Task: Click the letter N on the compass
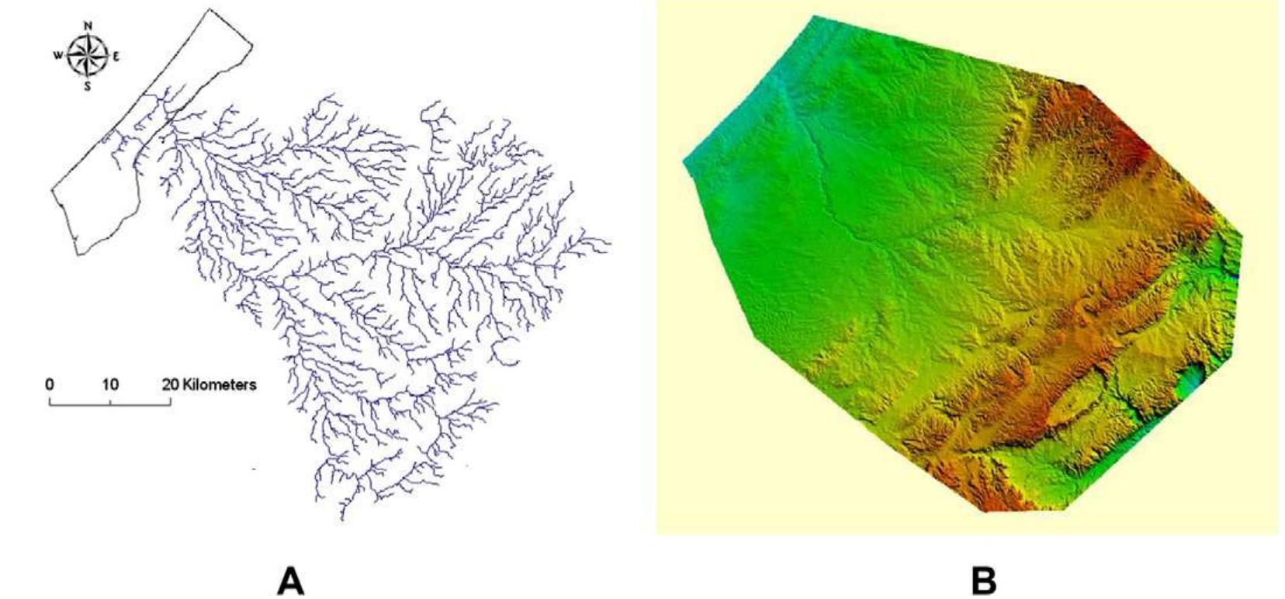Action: (88, 26)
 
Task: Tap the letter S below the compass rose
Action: (87, 86)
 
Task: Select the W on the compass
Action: (58, 56)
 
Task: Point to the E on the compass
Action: (116, 56)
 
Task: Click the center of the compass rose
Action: (87, 55)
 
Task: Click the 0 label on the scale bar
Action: (50, 384)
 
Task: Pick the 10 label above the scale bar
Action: (109, 384)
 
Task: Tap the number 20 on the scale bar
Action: (171, 384)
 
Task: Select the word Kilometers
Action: (220, 384)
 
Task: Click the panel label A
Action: (291, 580)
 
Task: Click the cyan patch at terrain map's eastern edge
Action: (1192, 383)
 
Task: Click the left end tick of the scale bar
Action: (50, 401)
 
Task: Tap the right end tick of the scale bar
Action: (171, 401)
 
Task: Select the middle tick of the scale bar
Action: (110, 402)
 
